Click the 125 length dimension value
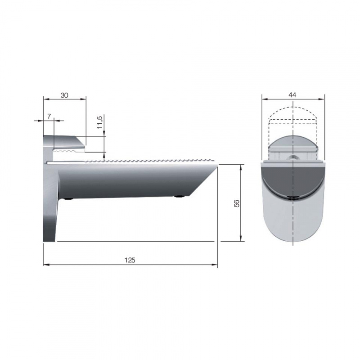coord(130,260)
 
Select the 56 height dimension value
coord(237,203)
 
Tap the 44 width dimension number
coord(292,94)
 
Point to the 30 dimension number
coord(64,95)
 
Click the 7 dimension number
coord(49,117)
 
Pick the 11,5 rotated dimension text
coord(100,122)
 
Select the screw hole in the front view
coord(293,157)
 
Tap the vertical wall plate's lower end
coord(49,234)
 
